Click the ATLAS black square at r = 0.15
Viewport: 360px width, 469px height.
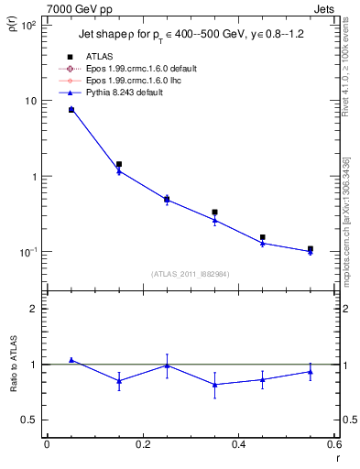point(119,164)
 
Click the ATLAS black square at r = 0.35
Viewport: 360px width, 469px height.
point(214,212)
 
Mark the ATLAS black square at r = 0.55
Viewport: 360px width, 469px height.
point(311,248)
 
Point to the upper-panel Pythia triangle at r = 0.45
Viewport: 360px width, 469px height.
point(263,243)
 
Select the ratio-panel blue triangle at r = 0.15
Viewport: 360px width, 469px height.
point(119,381)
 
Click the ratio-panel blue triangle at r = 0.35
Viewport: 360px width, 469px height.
point(214,385)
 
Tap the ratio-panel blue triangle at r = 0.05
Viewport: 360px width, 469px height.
point(71,360)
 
